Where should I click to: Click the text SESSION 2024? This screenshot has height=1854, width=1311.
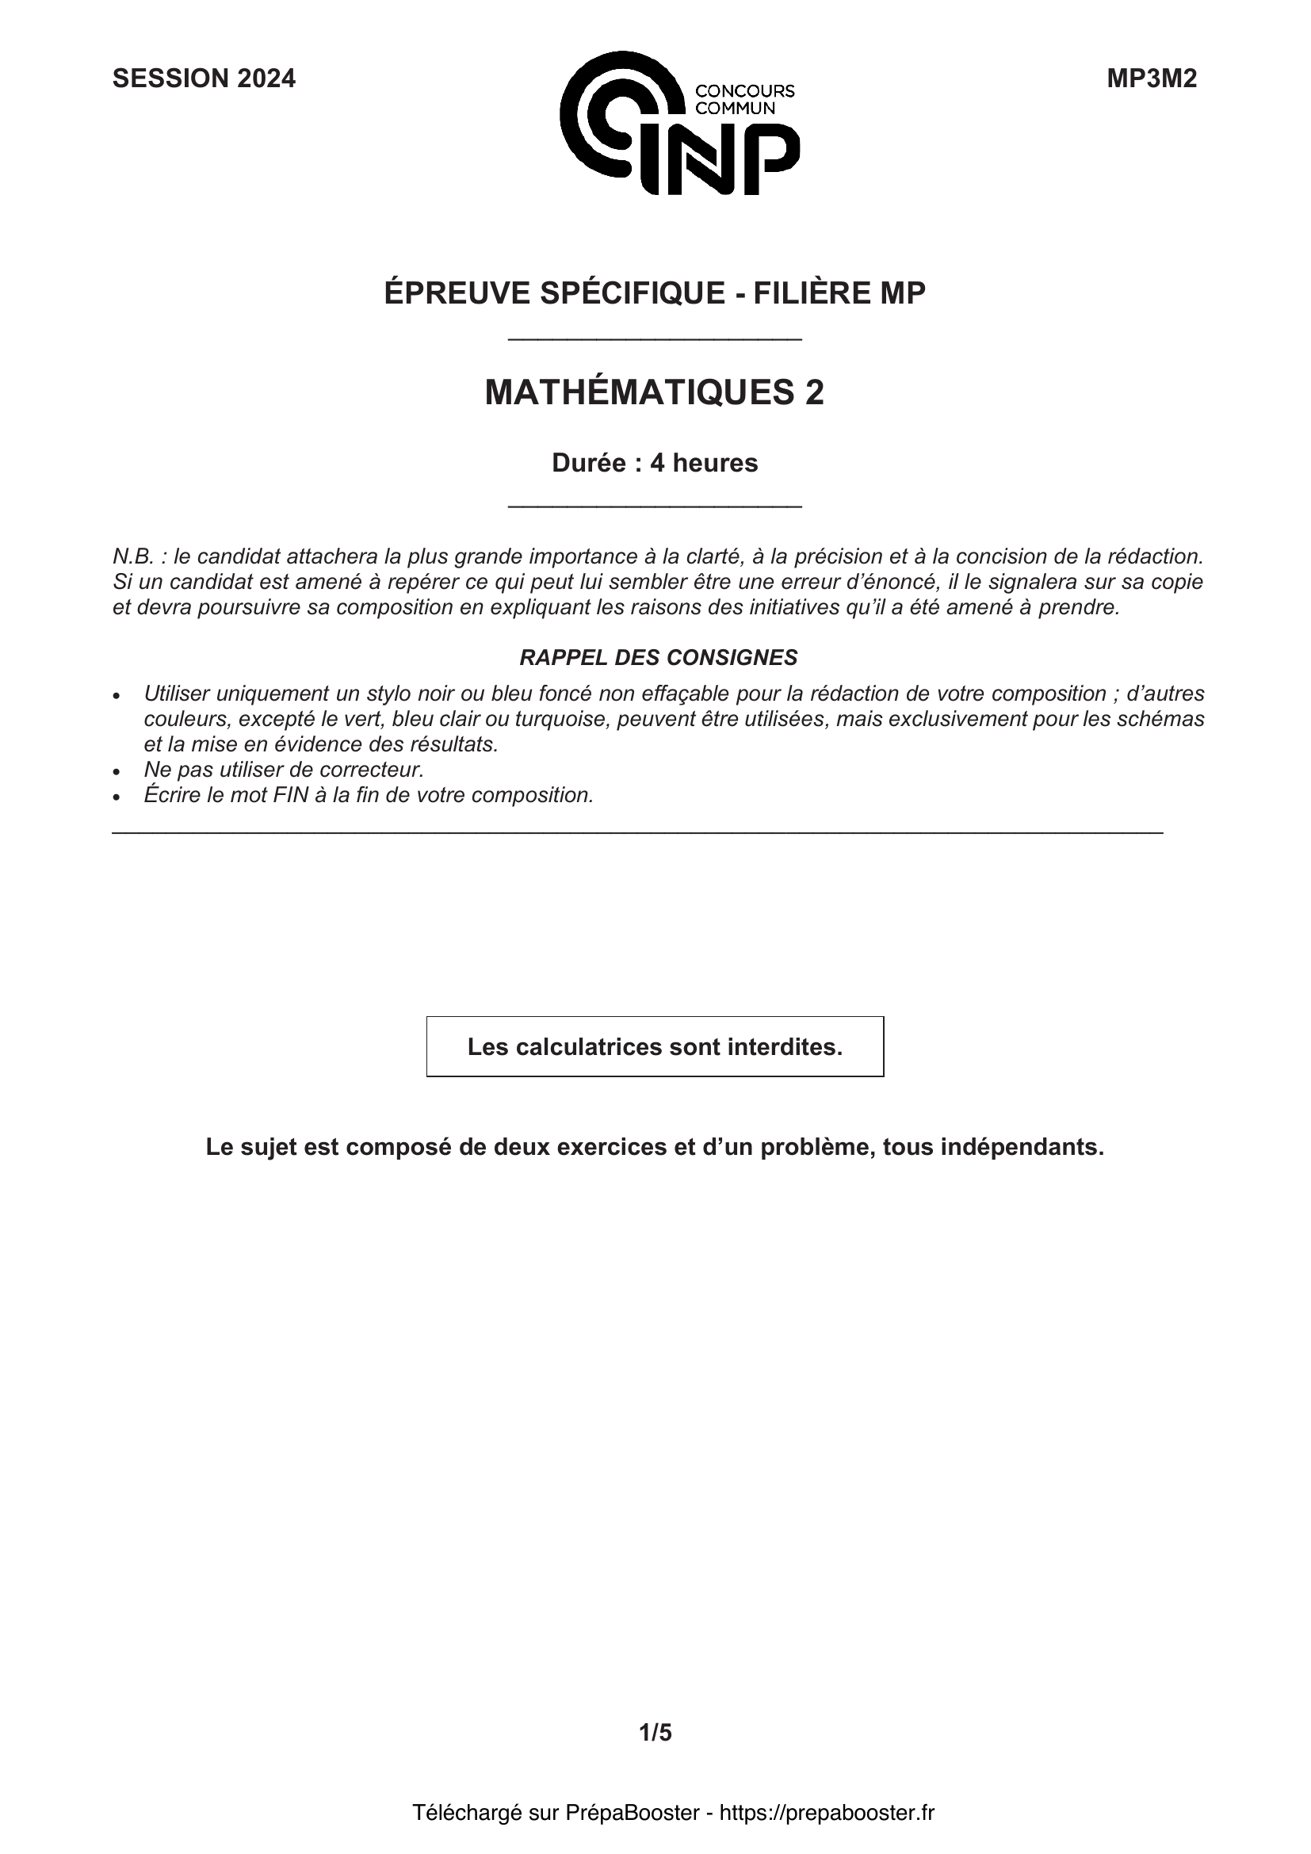pyautogui.click(x=204, y=78)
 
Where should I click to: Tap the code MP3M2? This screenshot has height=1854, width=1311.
pyautogui.click(x=1151, y=78)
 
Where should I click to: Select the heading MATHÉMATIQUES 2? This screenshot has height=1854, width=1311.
pyautogui.click(x=654, y=392)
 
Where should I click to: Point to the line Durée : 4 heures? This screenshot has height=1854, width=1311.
pyautogui.click(x=655, y=463)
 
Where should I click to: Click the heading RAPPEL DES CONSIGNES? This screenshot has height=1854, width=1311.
pyautogui.click(x=658, y=657)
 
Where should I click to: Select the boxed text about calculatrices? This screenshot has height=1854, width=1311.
pyautogui.click(x=655, y=1046)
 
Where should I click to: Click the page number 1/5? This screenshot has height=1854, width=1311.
pyautogui.click(x=655, y=1732)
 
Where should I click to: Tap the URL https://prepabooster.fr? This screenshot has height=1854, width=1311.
pyautogui.click(x=827, y=1813)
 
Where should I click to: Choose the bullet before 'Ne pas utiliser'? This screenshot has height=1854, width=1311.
pyautogui.click(x=118, y=770)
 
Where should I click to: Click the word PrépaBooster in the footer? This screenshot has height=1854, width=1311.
pyautogui.click(x=632, y=1813)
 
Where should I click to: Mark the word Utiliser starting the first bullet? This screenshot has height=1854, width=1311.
pyautogui.click(x=177, y=693)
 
